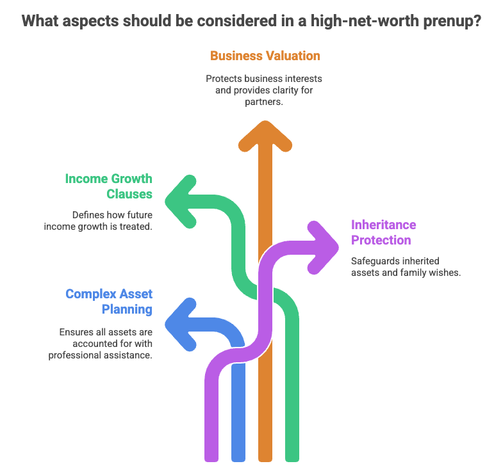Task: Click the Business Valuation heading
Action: click(265, 56)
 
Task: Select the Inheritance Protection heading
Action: click(383, 232)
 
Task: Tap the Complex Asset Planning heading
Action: click(109, 302)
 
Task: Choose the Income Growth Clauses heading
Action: click(108, 186)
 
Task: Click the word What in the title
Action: click(42, 20)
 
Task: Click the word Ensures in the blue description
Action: click(76, 332)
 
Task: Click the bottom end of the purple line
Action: click(211, 456)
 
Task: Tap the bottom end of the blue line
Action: click(238, 456)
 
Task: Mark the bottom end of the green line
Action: click(292, 456)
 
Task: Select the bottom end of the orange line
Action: click(265, 456)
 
